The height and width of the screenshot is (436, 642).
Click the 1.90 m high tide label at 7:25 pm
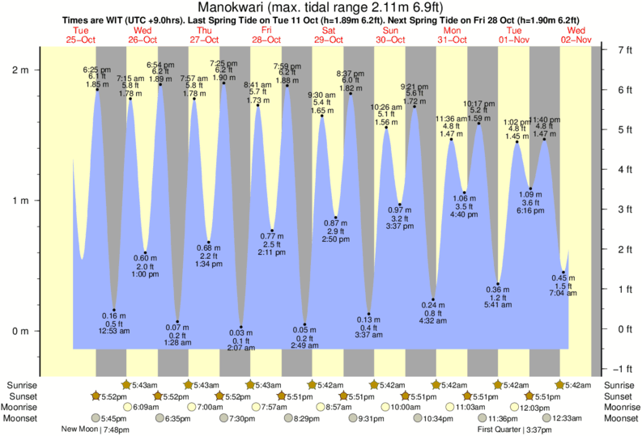point(223,78)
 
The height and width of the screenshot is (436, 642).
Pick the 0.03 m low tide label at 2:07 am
point(240,332)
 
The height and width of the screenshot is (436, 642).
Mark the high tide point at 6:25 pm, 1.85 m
point(97,90)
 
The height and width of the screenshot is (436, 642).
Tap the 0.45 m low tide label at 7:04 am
point(564,279)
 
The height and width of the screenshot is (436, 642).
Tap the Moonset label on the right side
point(619,418)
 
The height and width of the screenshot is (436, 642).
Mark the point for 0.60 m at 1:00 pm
point(146,252)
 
